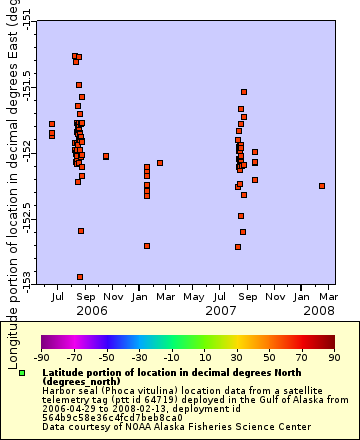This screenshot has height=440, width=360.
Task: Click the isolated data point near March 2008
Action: click(322, 186)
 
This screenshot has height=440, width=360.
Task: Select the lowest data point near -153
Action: click(80, 277)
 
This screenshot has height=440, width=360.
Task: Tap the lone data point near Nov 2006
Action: click(106, 156)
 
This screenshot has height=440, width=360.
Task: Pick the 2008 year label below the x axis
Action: click(320, 311)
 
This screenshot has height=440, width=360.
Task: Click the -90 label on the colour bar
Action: click(41, 356)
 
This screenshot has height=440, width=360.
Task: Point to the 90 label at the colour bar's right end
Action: click(333, 356)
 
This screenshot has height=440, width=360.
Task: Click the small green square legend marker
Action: click(22, 373)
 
